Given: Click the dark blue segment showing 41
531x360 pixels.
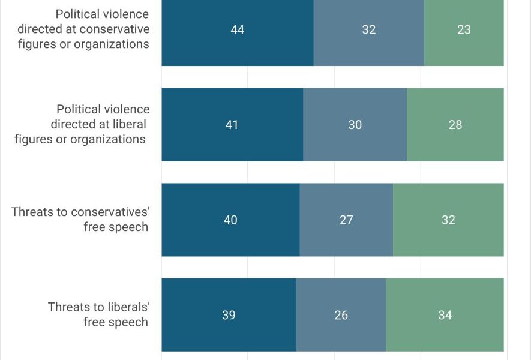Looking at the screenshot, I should [232, 125].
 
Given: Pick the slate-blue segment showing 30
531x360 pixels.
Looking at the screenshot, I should [355, 125].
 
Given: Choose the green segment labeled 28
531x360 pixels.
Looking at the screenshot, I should [455, 125].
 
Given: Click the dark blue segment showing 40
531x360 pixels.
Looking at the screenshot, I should [230, 220].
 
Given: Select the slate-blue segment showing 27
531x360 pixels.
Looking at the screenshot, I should [346, 220].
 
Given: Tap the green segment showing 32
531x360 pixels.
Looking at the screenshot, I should [448, 220].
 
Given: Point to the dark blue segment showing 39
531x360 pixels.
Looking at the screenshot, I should [229, 315].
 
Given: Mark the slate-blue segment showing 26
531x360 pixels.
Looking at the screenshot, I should [341, 315].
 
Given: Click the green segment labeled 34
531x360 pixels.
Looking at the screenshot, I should [445, 315].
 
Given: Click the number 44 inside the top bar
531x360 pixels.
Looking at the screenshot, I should [238, 29].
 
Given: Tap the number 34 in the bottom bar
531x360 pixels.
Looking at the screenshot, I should [445, 315].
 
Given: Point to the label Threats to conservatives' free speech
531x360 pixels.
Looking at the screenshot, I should [80, 219].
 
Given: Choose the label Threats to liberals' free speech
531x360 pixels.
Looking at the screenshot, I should [98, 314].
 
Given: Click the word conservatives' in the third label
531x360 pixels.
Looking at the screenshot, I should [110, 212].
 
